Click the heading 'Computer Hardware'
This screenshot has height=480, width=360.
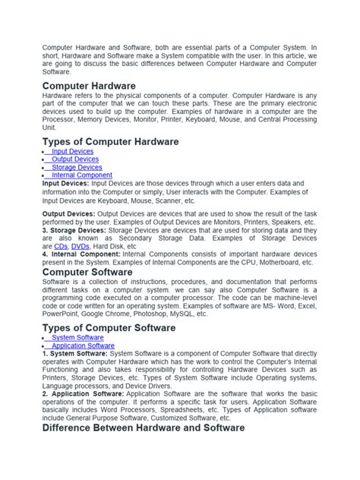(90, 87)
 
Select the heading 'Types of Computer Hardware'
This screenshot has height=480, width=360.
(111, 141)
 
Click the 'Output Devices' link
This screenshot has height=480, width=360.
(74, 159)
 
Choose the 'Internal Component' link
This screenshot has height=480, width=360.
(81, 175)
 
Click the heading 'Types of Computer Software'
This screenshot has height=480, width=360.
(109, 327)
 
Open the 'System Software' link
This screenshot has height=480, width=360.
(77, 337)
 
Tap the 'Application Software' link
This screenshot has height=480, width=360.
(83, 346)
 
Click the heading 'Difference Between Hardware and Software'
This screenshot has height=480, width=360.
(144, 428)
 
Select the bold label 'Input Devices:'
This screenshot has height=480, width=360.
(66, 183)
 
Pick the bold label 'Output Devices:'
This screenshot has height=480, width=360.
(69, 215)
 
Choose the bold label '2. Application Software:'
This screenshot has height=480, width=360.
(84, 394)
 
